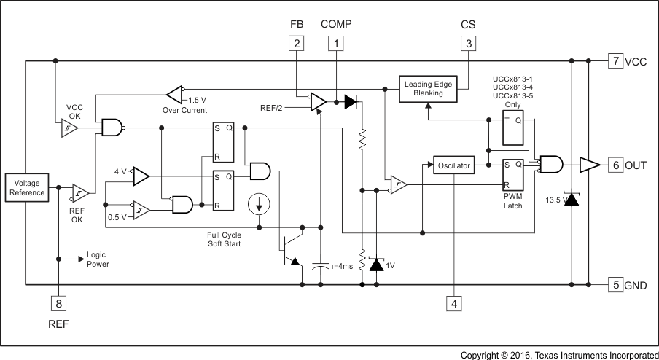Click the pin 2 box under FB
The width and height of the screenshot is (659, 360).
(296, 44)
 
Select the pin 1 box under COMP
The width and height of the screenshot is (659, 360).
(336, 44)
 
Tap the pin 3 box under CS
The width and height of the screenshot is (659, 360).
(467, 44)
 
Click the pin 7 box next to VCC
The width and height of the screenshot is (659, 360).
(615, 61)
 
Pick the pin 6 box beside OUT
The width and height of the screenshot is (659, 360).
(615, 165)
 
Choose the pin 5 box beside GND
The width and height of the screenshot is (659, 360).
(615, 285)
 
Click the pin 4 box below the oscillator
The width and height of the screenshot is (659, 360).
(454, 302)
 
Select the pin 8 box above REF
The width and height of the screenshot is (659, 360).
(58, 302)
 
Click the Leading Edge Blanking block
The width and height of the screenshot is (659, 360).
(429, 89)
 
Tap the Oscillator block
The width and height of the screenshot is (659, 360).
(453, 165)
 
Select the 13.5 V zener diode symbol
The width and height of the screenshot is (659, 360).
(572, 198)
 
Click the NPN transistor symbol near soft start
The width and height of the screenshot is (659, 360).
(292, 248)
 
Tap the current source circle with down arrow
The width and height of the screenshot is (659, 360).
(258, 205)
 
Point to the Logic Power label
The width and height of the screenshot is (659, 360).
(98, 259)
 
